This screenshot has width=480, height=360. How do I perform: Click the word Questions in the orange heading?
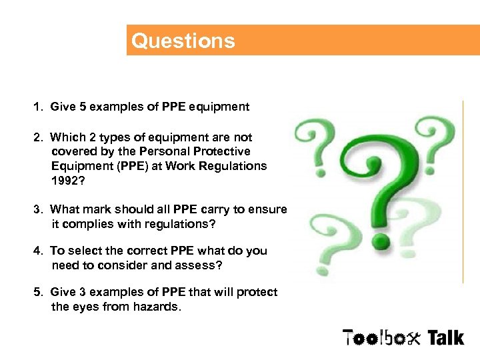tap(183, 41)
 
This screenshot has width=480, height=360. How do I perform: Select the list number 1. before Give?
tap(39, 107)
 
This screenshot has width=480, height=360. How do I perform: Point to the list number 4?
tap(39, 251)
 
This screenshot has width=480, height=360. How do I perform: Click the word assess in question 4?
tap(201, 265)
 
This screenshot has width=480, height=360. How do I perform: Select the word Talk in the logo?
tap(445, 337)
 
